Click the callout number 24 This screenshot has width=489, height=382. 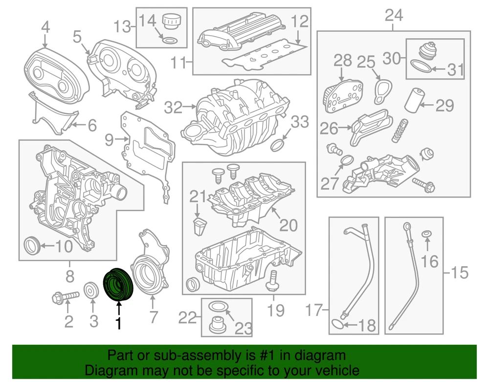pos(394,16)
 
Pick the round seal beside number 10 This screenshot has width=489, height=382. pos(32,245)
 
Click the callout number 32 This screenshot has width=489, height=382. pos(173,107)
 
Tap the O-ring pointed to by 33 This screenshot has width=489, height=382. pos(278,145)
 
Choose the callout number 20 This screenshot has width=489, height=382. pos(289,225)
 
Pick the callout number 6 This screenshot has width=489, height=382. pos(92,126)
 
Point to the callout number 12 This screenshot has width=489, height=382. pos(301,22)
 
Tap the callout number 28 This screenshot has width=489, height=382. pos(343,61)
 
